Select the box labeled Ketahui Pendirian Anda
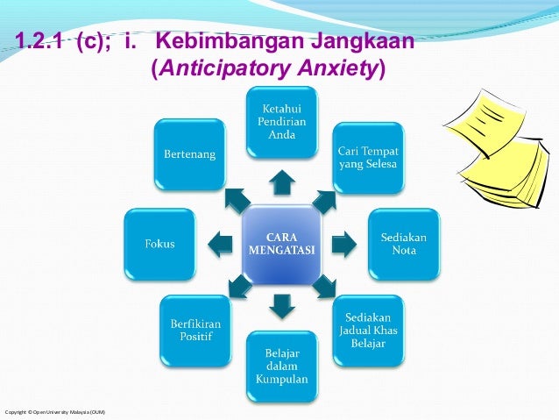tap(280, 123)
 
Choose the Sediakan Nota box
tap(399, 243)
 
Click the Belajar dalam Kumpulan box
tap(280, 366)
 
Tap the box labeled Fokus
tap(159, 244)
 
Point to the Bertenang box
tap(190, 154)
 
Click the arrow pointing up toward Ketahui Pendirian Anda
tap(280, 182)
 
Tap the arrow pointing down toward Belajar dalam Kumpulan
tap(280, 305)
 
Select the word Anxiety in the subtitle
tap(338, 68)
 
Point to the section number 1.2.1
tap(40, 42)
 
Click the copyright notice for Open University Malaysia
tap(55, 412)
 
